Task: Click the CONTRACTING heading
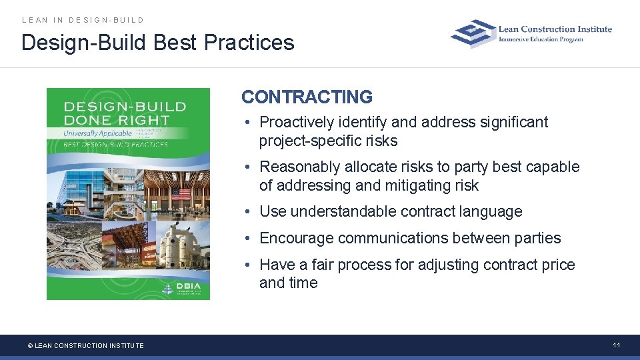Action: (307, 97)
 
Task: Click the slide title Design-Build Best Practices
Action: (157, 43)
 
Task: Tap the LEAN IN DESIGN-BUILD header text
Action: (83, 20)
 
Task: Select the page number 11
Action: (617, 345)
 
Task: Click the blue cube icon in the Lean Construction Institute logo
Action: (473, 33)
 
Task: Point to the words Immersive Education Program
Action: (541, 39)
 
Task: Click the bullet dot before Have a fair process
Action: (247, 265)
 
